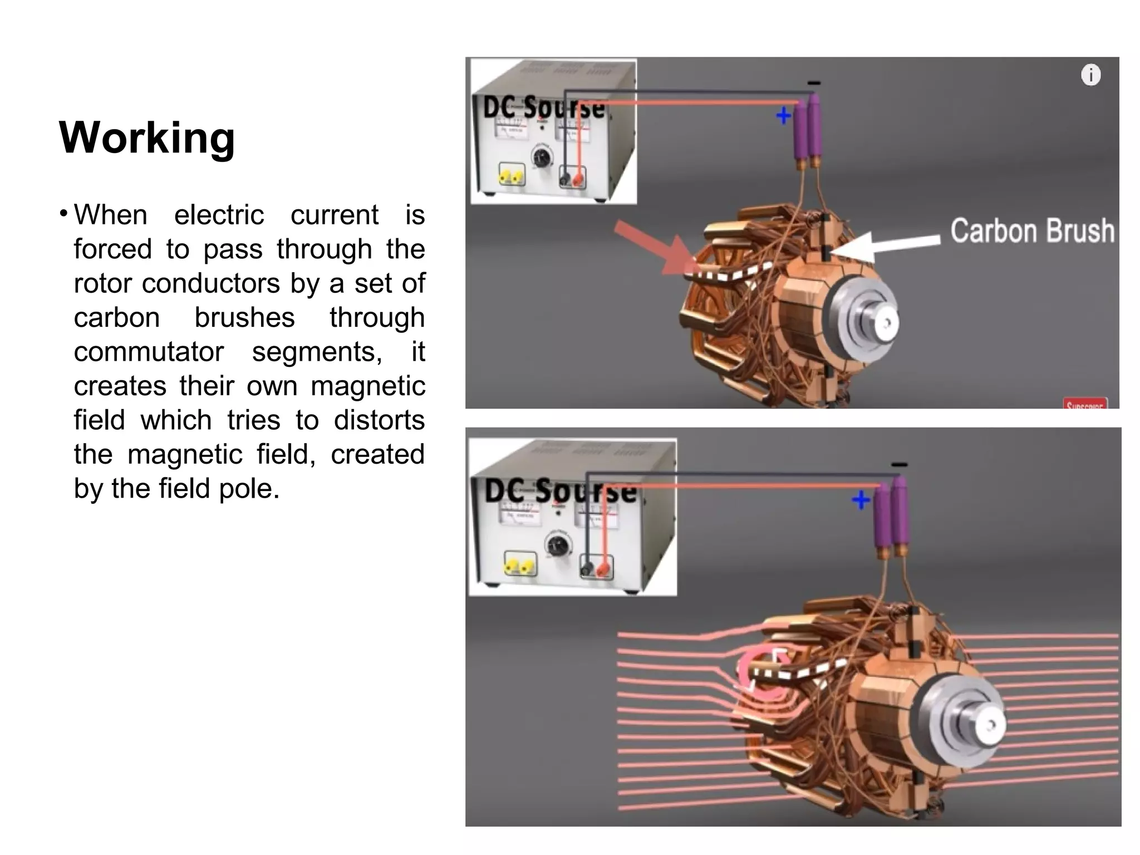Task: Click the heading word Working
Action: [147, 138]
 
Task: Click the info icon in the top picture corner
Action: [1090, 75]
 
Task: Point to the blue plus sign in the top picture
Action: [783, 116]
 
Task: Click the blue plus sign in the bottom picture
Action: [861, 499]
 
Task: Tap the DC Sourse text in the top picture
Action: [543, 107]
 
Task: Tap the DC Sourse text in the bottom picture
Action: [560, 491]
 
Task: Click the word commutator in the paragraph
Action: [149, 352]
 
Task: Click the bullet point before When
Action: [64, 214]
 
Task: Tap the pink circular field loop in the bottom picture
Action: [760, 676]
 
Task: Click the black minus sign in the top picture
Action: [813, 83]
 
